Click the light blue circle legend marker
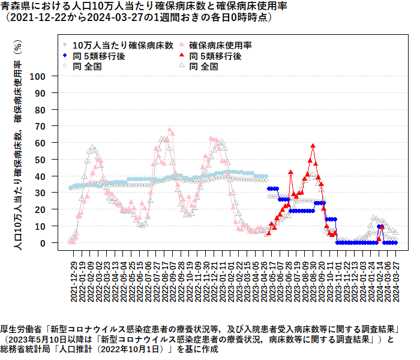pos(65,45)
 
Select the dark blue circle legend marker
pos(65,56)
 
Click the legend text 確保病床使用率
pos(220,45)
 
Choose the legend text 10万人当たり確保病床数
pos(123,45)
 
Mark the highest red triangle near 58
pos(313,146)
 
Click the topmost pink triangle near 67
pos(170,130)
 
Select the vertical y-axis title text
pos(18,144)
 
